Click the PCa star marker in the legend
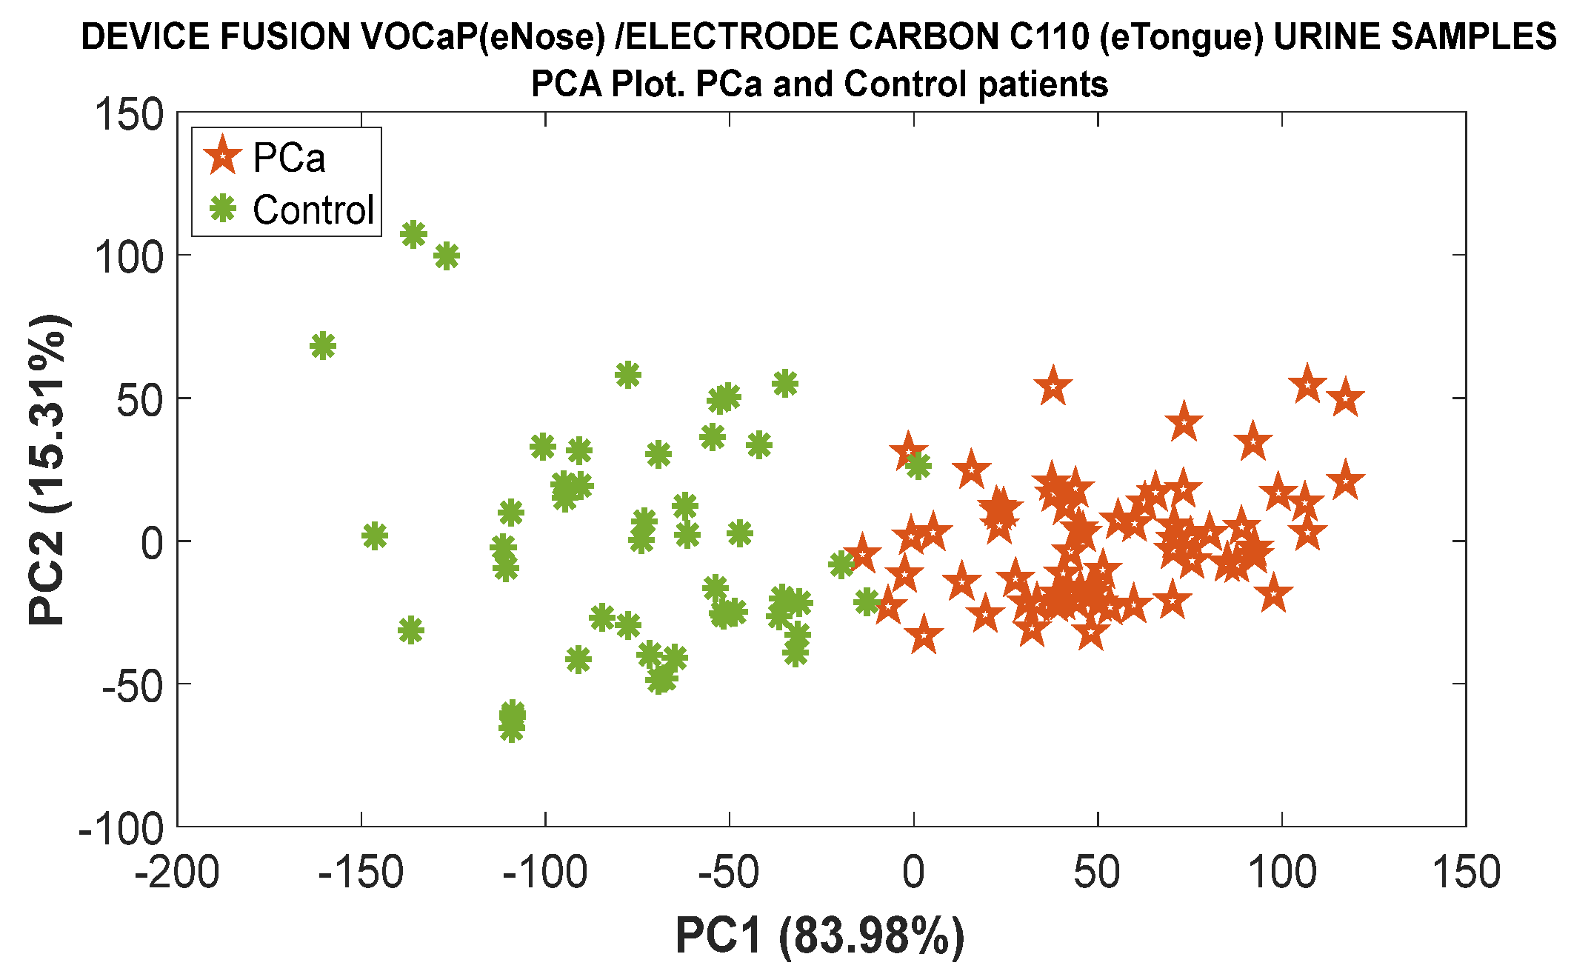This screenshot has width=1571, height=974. (x=222, y=156)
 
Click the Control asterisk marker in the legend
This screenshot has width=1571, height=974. (x=222, y=208)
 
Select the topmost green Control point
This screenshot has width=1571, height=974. (x=413, y=235)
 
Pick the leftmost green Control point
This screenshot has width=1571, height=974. (x=323, y=346)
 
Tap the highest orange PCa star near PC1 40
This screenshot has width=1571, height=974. (x=1053, y=387)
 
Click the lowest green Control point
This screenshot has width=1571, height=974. (x=512, y=729)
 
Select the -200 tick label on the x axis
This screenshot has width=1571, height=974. (x=177, y=873)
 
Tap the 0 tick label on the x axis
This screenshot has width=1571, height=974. (x=913, y=873)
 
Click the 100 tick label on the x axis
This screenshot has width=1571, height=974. (x=1282, y=873)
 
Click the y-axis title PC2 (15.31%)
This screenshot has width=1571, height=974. (x=47, y=470)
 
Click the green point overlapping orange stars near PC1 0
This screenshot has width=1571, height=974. (x=918, y=466)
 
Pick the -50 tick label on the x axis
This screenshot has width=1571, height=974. (x=729, y=873)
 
